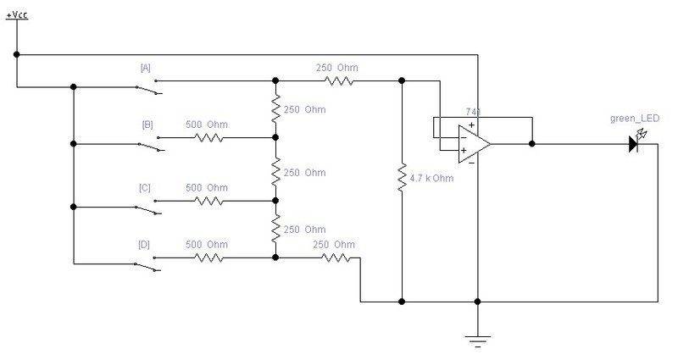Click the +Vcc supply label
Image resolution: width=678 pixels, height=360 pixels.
click(17, 15)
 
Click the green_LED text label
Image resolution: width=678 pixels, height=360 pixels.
click(634, 119)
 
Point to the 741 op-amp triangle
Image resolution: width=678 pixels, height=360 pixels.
click(474, 144)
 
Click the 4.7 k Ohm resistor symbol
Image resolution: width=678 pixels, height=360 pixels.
click(402, 178)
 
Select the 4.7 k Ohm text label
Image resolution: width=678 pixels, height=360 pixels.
click(431, 178)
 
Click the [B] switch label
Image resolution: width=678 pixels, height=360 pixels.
click(147, 125)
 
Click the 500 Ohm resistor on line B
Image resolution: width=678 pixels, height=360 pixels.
click(208, 138)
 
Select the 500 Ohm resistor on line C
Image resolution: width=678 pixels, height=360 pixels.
click(208, 201)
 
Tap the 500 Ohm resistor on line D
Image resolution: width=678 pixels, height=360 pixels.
click(208, 258)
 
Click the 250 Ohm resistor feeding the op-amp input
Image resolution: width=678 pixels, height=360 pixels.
click(339, 80)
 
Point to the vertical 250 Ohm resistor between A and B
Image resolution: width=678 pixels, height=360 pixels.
click(275, 109)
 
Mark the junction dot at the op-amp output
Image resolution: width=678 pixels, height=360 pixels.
click(532, 144)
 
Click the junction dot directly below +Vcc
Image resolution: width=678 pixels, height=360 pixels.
click(16, 54)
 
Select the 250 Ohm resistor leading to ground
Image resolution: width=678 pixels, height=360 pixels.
click(336, 258)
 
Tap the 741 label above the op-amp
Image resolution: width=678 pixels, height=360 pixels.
click(473, 112)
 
